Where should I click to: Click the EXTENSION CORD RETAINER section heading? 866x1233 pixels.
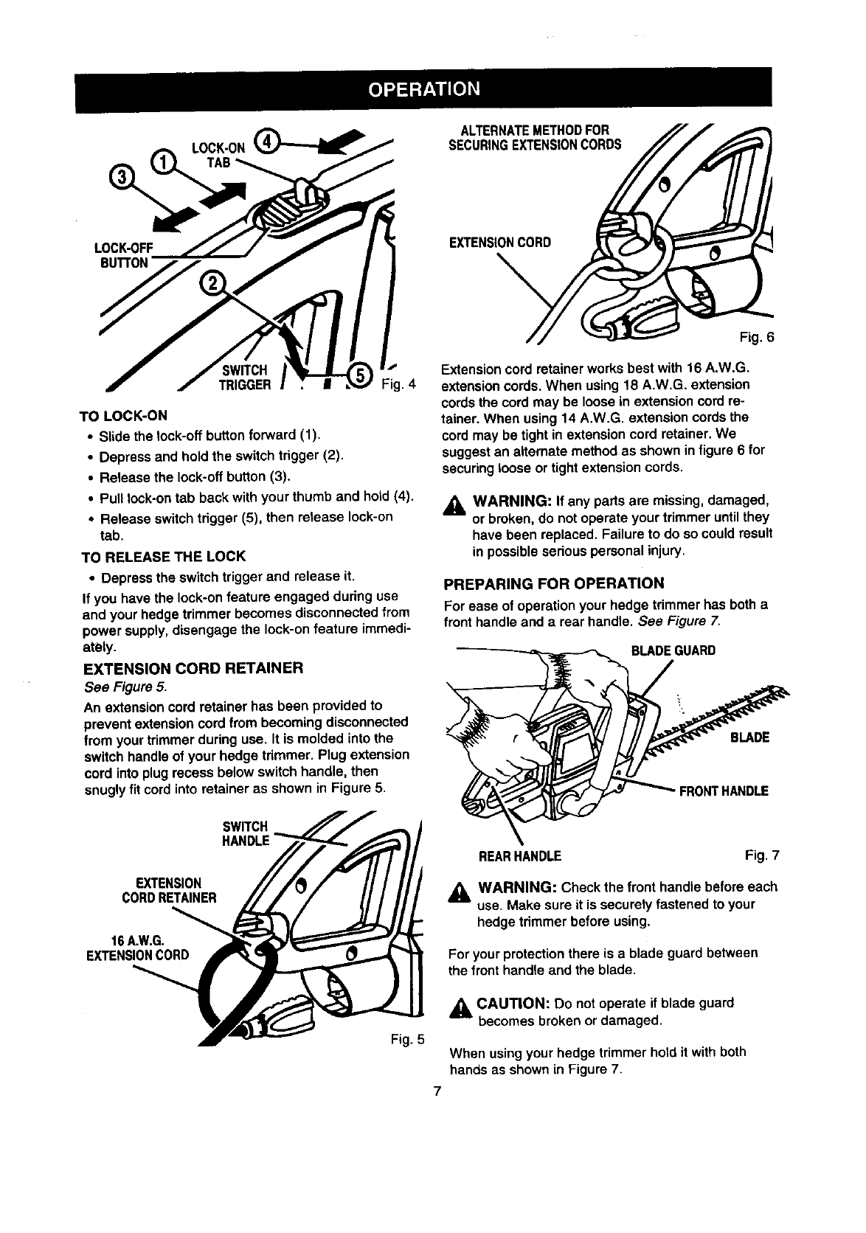194,669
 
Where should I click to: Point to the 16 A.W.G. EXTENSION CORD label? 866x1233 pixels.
137,948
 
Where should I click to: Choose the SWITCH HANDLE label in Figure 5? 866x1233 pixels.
247,833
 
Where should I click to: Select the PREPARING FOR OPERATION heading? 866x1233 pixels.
553,584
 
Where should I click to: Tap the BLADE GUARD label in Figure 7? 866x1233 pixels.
673,651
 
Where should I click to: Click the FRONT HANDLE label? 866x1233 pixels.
724,791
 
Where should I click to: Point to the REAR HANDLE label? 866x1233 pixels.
521,856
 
